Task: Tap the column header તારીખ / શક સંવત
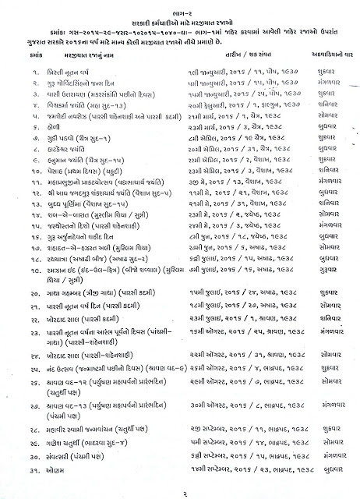(x=231, y=51)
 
